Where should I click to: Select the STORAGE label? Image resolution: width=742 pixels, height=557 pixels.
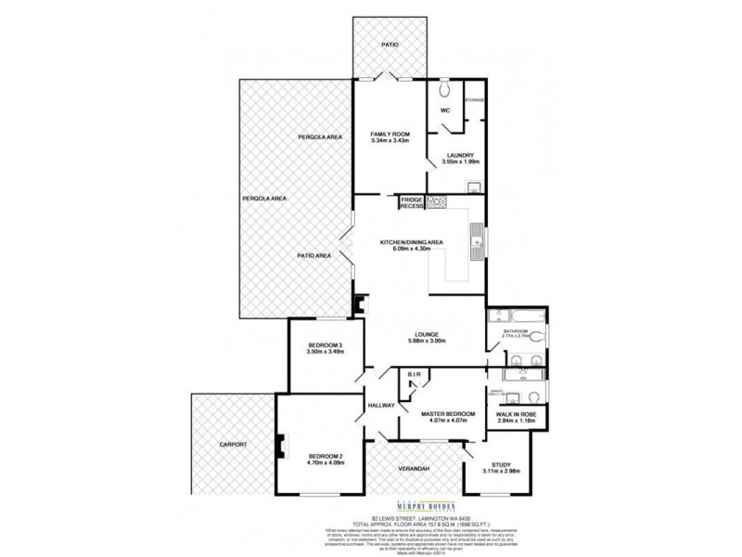click(x=473, y=99)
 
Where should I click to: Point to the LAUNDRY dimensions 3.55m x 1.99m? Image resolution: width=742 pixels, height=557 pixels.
click(x=460, y=162)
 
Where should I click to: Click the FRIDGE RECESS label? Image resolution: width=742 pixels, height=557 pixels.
click(x=411, y=202)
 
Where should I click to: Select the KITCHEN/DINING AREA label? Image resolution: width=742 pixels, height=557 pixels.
click(x=412, y=242)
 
